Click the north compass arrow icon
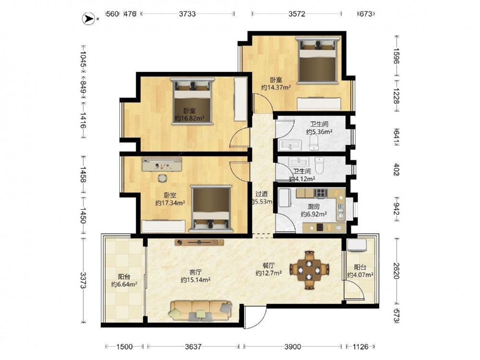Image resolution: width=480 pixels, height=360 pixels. click(88, 19)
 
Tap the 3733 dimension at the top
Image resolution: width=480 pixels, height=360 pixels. click(187, 14)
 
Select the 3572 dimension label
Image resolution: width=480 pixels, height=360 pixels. click(297, 14)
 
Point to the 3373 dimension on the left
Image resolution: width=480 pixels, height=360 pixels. click(83, 280)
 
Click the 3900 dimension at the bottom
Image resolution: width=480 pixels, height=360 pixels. click(293, 347)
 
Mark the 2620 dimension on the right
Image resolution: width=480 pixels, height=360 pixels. click(397, 271)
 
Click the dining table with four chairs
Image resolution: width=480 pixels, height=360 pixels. click(310, 270)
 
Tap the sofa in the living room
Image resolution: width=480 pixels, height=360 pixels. click(201, 311)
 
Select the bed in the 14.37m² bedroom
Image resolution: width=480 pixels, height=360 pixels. click(318, 60)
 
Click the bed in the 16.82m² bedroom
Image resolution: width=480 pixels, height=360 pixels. click(192, 101)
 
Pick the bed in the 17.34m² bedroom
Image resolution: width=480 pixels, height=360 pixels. click(211, 208)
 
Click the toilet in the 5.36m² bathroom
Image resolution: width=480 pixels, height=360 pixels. click(314, 143)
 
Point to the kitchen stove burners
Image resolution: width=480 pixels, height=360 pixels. click(321, 193)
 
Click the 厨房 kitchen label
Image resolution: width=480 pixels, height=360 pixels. click(314, 206)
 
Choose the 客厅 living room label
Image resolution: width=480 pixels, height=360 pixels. click(195, 272)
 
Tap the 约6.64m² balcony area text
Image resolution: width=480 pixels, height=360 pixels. click(124, 284)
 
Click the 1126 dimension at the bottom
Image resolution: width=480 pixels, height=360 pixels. click(360, 347)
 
